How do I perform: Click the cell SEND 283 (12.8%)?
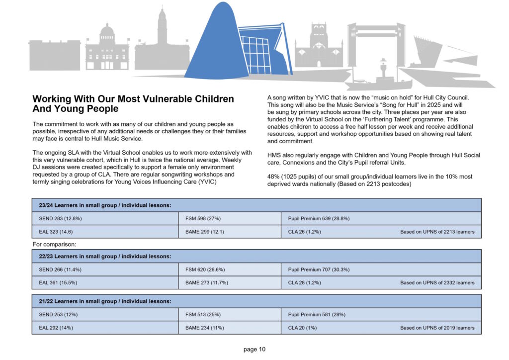click(58, 218)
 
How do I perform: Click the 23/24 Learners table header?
click(105, 205)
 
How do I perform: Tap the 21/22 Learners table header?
click(105, 301)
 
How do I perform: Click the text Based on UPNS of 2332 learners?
click(437, 282)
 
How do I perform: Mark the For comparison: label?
click(54, 244)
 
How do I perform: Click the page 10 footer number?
click(254, 349)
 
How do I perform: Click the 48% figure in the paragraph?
click(274, 177)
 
